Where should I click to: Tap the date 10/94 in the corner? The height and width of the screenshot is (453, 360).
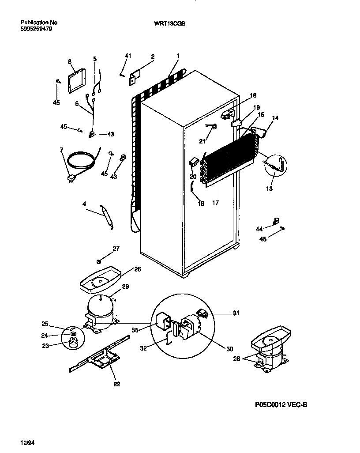[x=27, y=441]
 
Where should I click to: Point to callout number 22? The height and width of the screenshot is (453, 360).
[x=116, y=383]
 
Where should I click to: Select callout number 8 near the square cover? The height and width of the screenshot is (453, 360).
[x=69, y=62]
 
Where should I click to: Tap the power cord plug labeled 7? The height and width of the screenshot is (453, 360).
[x=69, y=178]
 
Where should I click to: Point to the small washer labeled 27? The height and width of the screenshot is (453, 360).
[x=99, y=261]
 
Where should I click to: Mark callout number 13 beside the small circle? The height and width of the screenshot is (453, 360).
[x=269, y=189]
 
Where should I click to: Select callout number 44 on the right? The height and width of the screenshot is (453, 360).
[x=259, y=229]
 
